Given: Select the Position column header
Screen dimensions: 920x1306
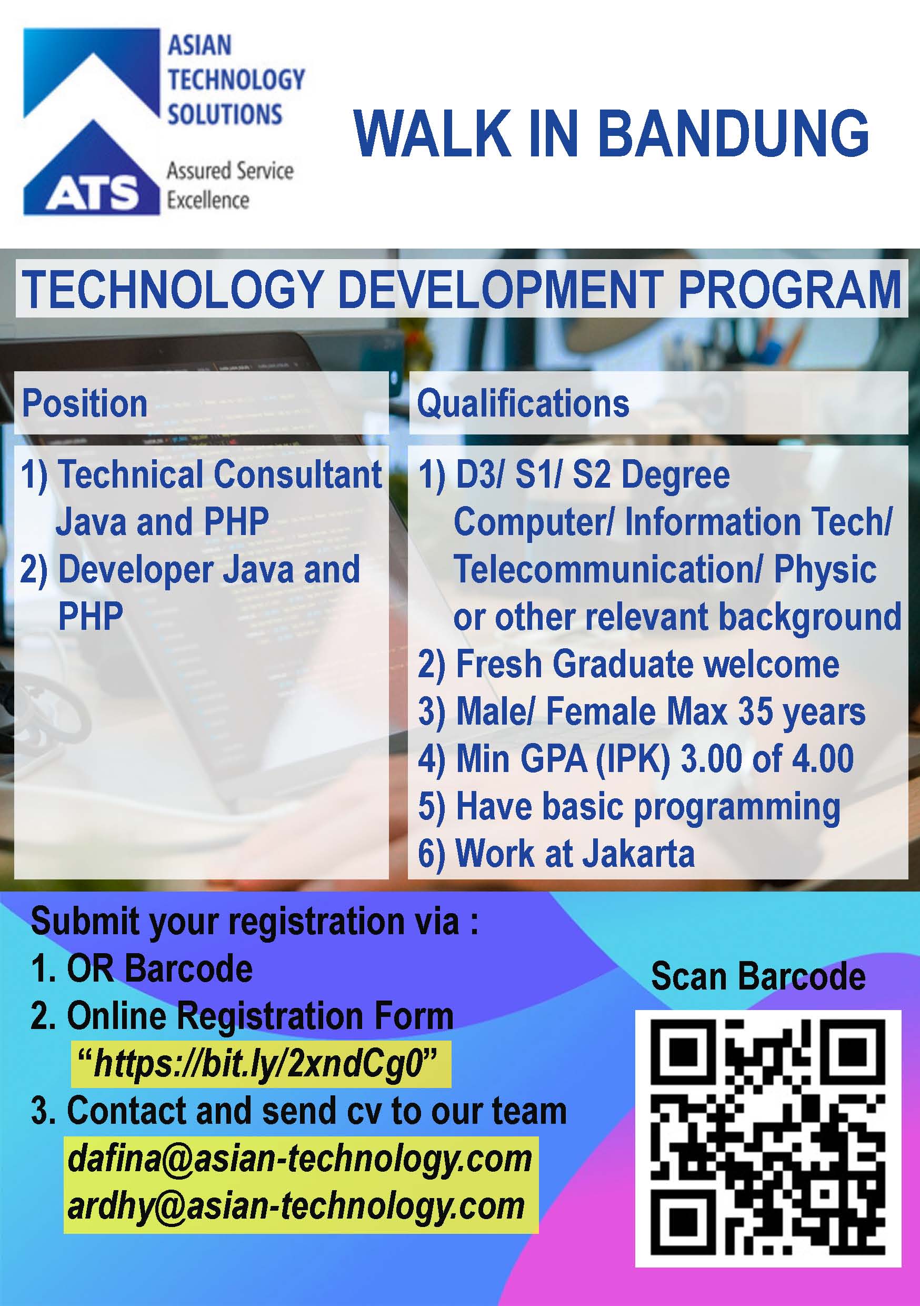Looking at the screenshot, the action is point(85,403).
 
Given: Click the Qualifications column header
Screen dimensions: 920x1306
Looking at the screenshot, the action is point(523,403).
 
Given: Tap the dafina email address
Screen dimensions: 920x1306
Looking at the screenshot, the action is point(299,1159).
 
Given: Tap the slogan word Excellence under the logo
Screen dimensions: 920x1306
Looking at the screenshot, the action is point(207,200).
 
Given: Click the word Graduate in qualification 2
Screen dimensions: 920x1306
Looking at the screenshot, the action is point(623,664).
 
